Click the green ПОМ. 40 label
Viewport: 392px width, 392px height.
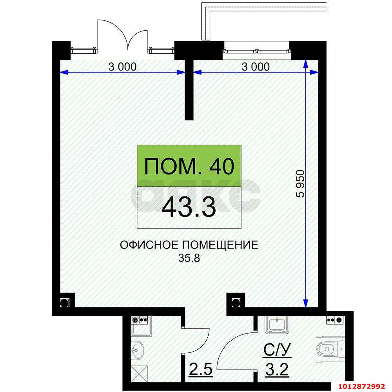[x=189, y=166]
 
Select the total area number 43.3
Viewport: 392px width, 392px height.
[x=189, y=207]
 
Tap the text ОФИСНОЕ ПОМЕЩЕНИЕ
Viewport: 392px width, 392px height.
[x=189, y=245]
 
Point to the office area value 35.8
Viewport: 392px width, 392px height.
[x=189, y=258]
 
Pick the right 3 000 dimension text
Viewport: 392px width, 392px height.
[x=256, y=67]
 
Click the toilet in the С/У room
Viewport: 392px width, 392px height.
[x=328, y=348]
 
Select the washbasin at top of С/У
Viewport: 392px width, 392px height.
[x=278, y=325]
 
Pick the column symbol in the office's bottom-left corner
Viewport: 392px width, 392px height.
[x=64, y=302]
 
